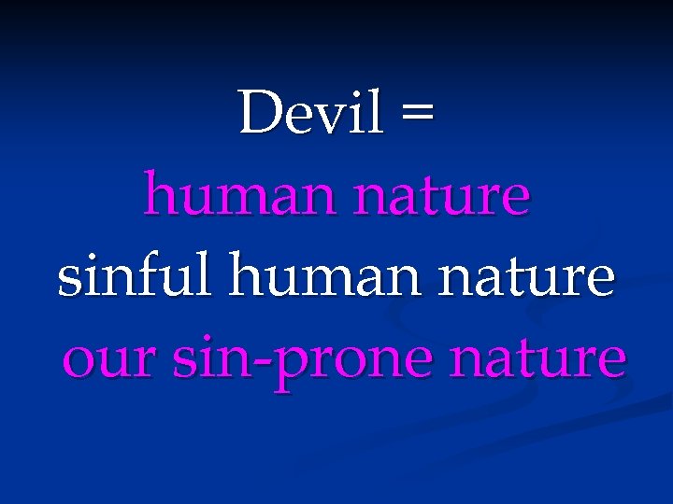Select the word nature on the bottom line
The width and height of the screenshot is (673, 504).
click(537, 360)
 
